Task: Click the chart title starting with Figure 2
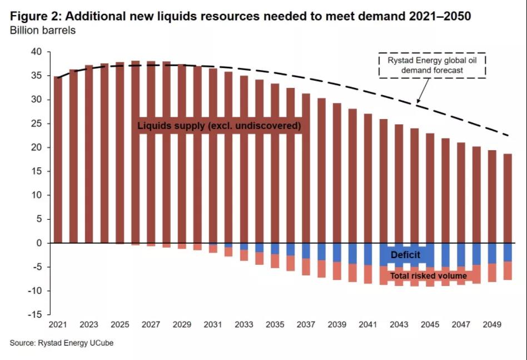240,16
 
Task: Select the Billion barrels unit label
43,30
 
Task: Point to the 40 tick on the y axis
36,52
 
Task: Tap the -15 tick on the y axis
34,315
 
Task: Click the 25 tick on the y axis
36,124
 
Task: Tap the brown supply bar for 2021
58,161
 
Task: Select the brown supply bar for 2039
336,172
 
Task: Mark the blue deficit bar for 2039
336,253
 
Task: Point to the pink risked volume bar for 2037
306,267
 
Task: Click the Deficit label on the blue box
405,255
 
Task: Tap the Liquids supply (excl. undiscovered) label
220,126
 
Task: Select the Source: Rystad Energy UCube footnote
62,343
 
